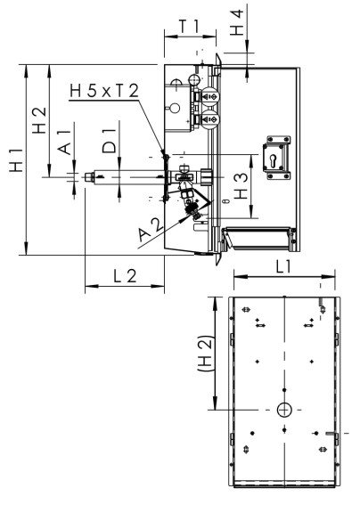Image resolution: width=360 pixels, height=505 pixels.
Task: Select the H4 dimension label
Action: [237, 21]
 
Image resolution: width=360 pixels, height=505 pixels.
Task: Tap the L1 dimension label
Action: [284, 266]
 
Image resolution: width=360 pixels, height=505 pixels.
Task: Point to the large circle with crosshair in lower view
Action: [285, 409]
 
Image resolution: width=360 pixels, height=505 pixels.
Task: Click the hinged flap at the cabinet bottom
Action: [258, 238]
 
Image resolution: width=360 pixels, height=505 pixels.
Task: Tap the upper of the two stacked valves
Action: [211, 97]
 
